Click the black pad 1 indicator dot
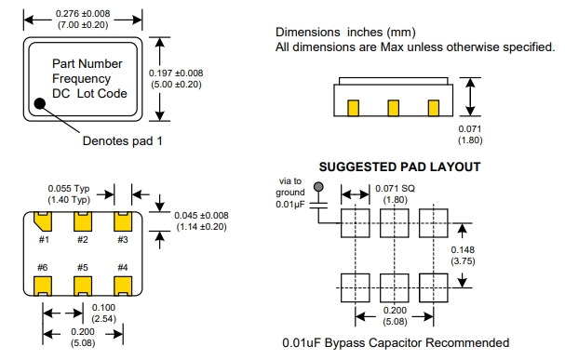coord(40,103)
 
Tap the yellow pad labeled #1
coord(43,221)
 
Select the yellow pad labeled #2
coord(83,221)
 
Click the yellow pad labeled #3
coord(123,221)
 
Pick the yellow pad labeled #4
coord(123,286)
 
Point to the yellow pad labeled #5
coord(83,286)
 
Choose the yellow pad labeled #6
coord(43,286)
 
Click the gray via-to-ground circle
coord(318,187)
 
